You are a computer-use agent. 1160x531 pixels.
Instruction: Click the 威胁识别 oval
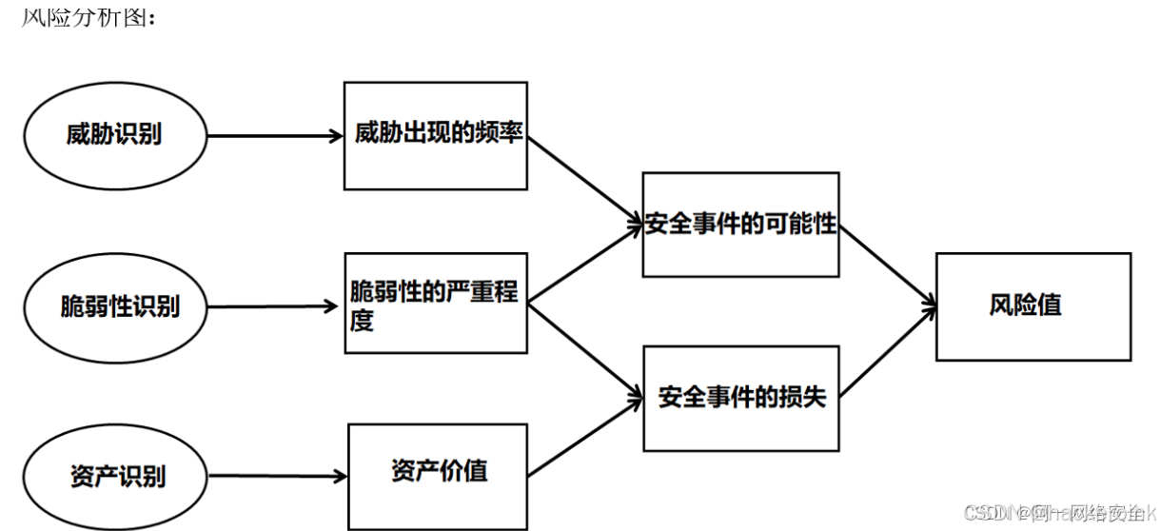[x=114, y=134]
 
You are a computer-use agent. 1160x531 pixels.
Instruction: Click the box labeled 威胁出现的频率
[x=436, y=134]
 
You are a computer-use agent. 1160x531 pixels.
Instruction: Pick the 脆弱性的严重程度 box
[x=436, y=304]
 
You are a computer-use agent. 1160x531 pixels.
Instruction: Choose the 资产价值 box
[x=438, y=470]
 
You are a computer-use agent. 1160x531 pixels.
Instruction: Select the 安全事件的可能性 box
[x=740, y=225]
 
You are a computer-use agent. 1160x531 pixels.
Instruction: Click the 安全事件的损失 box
[x=741, y=398]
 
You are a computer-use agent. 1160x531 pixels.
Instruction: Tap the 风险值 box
[x=1033, y=306]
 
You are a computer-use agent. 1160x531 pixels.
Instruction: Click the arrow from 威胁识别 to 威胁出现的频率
[x=274, y=136]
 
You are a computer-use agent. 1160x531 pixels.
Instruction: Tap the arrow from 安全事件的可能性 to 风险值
[x=887, y=265]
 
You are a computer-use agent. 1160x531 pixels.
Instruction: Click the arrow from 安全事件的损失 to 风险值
[x=887, y=349]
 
